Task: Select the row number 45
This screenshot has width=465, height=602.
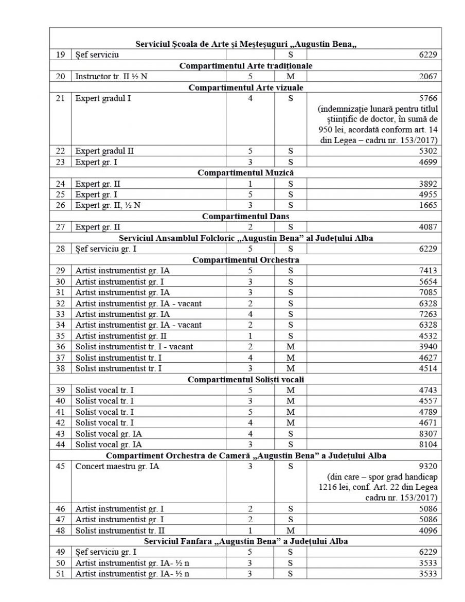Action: pyautogui.click(x=61, y=466)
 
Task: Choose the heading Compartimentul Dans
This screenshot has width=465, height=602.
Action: pyautogui.click(x=245, y=216)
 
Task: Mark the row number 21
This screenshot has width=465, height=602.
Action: pyautogui.click(x=61, y=98)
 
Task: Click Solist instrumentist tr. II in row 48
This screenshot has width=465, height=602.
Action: pyautogui.click(x=120, y=530)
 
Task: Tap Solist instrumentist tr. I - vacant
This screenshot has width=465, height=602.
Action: pyautogui.click(x=134, y=346)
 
